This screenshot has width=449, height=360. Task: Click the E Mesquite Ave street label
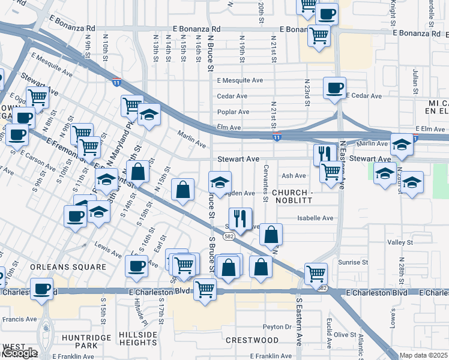pos(240,80)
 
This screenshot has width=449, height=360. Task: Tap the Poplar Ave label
pos(233,112)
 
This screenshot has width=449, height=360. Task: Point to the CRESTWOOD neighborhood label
pos(252,340)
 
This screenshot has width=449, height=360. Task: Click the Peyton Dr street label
pos(277,327)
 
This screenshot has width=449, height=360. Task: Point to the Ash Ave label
pos(294,176)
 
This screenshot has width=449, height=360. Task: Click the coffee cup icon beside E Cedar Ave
pos(334,88)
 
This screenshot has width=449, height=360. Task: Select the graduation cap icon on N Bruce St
pos(220,182)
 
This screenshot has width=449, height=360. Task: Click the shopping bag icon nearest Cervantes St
pos(271,234)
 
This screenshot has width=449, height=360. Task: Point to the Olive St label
pos(345,334)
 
